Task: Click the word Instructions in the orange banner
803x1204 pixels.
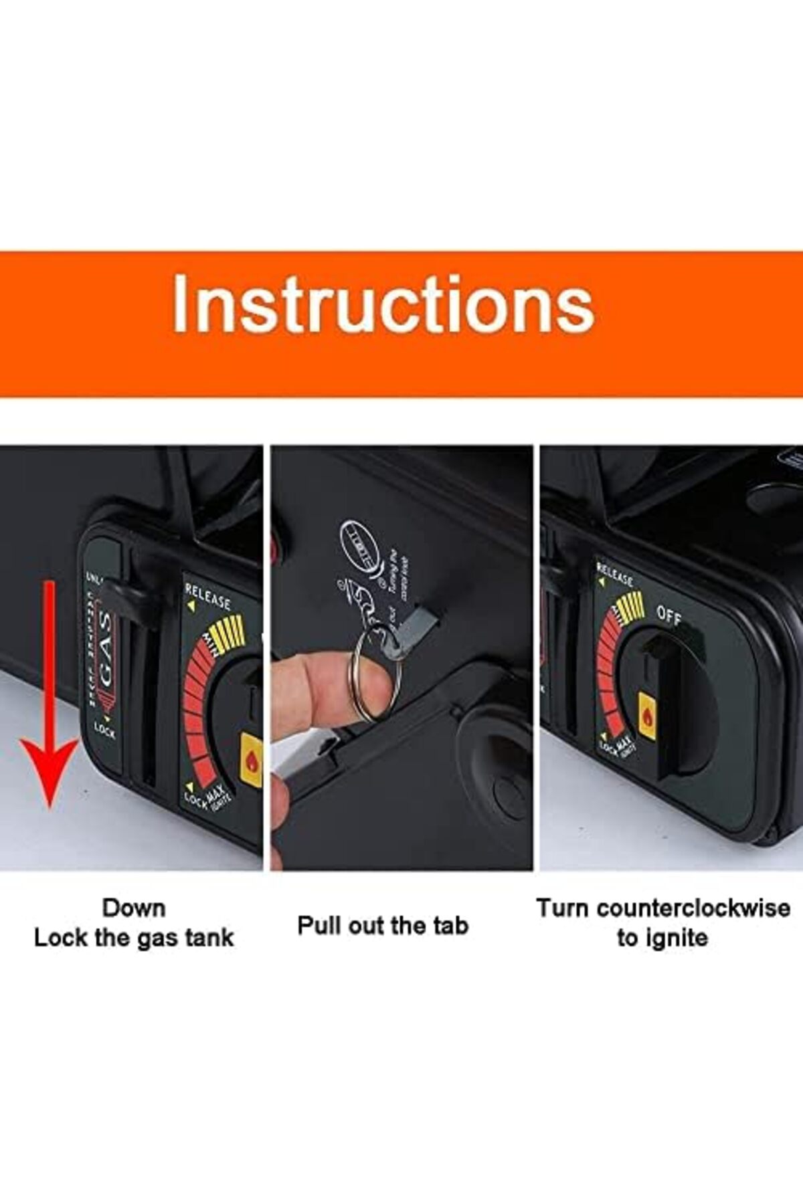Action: tap(383, 304)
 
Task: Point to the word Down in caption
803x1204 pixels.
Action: tap(133, 908)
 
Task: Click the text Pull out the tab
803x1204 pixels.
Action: tap(383, 926)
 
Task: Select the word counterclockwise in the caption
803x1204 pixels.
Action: tap(693, 908)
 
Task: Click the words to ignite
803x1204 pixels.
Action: tap(662, 937)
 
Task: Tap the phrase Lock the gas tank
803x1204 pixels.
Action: tap(134, 937)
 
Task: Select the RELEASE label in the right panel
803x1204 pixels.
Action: tap(614, 576)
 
